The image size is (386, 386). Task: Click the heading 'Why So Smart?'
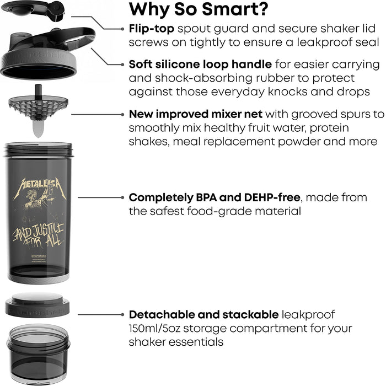click(x=199, y=10)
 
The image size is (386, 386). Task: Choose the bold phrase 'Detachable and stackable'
click(x=203, y=314)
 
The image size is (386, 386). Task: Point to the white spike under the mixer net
click(x=37, y=128)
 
